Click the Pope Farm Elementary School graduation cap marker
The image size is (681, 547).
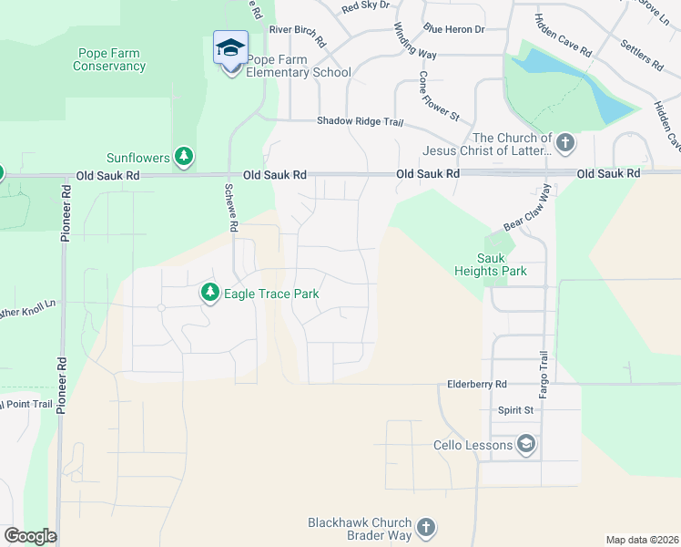pyautogui.click(x=230, y=47)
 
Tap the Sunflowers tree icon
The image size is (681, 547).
pyautogui.click(x=185, y=157)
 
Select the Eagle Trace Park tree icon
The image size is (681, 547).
pyautogui.click(x=210, y=293)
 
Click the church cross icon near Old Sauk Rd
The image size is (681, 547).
pyautogui.click(x=565, y=142)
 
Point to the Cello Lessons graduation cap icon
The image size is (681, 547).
pyautogui.click(x=525, y=445)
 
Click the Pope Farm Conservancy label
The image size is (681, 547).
pyautogui.click(x=108, y=59)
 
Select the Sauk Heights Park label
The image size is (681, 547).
pyautogui.click(x=491, y=264)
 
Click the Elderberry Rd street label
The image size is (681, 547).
pyautogui.click(x=476, y=385)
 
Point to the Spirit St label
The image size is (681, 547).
pyautogui.click(x=514, y=410)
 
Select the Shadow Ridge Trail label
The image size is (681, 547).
pyautogui.click(x=359, y=121)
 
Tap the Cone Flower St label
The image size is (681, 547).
pyautogui.click(x=440, y=96)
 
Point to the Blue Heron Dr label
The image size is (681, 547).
pyautogui.click(x=453, y=29)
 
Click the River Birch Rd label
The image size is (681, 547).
pyautogui.click(x=297, y=36)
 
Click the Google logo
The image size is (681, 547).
pyautogui.click(x=29, y=536)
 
